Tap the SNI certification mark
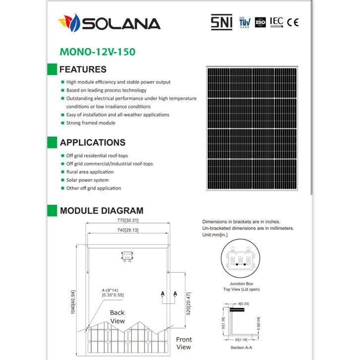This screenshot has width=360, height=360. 221,22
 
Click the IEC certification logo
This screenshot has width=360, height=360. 277,22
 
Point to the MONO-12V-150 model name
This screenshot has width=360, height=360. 97,51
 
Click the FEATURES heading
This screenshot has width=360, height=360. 83,69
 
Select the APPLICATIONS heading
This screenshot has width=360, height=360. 92,142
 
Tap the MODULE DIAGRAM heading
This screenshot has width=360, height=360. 102,211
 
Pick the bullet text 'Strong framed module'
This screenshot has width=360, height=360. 91,122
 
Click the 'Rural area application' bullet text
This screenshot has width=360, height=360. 90,172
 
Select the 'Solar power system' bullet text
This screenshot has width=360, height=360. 87,180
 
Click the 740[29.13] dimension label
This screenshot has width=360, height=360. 127,230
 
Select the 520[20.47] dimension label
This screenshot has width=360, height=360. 188,300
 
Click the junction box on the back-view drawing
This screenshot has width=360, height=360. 127,256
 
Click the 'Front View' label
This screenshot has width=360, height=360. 183,343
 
